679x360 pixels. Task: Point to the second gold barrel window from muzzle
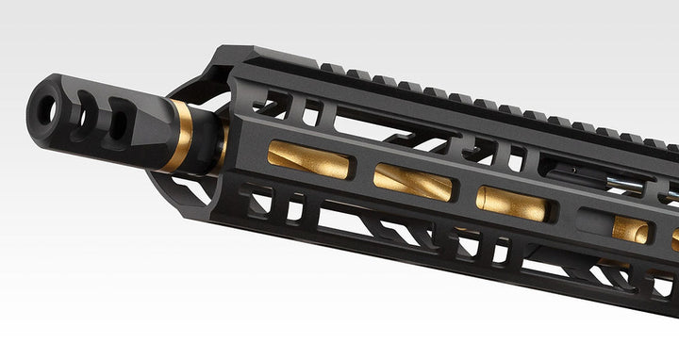(412, 181)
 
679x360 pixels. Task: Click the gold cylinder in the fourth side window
(630, 229)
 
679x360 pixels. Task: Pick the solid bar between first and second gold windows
(363, 170)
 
